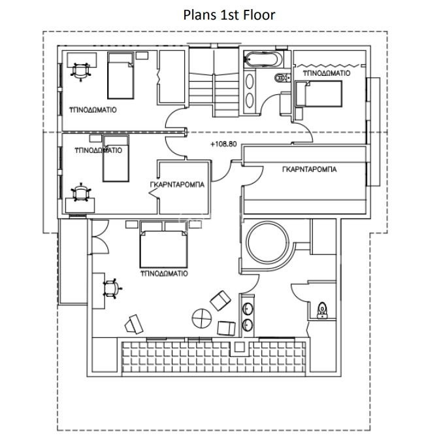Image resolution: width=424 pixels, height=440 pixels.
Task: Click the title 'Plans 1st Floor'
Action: point(229,15)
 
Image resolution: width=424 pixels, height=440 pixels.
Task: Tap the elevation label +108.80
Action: point(223,144)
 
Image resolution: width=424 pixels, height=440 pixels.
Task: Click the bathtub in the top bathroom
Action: point(261,59)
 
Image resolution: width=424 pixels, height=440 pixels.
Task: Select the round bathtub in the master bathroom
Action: point(268,242)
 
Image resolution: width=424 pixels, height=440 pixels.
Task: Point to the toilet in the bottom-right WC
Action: point(322,310)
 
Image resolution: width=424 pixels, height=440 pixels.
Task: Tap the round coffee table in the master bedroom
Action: point(201,318)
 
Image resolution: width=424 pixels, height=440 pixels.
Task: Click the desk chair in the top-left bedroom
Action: point(81,71)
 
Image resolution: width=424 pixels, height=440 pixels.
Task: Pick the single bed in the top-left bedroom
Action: point(121,75)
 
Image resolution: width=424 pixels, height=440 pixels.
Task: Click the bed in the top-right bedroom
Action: point(319,93)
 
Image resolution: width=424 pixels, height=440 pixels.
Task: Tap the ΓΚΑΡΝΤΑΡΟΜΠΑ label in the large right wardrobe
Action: point(309,169)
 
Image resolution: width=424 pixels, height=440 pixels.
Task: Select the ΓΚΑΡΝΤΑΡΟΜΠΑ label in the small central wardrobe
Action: point(177,184)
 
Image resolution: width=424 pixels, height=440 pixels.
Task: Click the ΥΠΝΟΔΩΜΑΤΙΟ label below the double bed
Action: point(164,273)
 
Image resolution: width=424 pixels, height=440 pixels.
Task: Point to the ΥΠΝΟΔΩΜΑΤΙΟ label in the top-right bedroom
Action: point(327,73)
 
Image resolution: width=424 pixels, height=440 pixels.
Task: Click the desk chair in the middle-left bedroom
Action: point(81,192)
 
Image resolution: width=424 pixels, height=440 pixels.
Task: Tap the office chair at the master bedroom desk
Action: point(112,289)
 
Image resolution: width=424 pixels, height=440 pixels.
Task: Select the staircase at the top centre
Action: point(214,83)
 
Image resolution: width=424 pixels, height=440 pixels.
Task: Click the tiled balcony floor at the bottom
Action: point(214,358)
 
